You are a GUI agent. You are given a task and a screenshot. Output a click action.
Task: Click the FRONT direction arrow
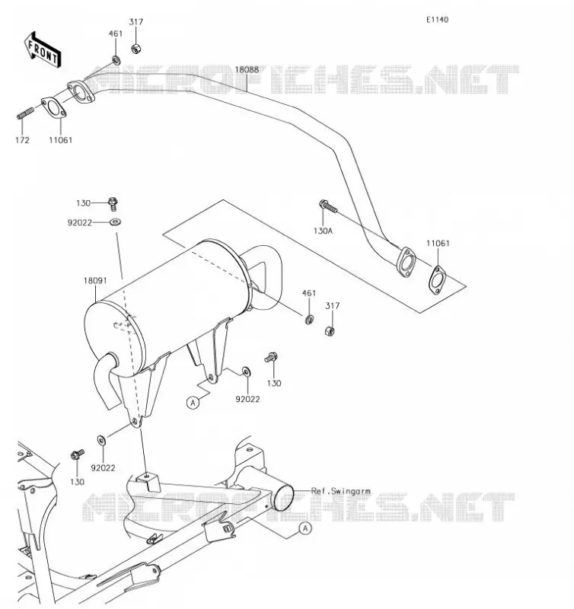click(x=43, y=49)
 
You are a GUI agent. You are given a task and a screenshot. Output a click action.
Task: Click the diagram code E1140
click(x=437, y=20)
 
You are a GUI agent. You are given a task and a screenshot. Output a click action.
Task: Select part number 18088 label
click(x=247, y=69)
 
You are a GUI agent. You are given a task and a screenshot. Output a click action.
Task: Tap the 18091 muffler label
click(x=94, y=280)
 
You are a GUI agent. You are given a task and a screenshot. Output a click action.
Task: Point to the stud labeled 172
click(x=25, y=113)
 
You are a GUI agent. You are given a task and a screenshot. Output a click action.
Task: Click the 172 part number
click(x=22, y=140)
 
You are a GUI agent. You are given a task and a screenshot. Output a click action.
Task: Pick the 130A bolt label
click(x=323, y=231)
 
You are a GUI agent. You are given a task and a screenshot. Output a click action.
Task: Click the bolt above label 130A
click(x=328, y=206)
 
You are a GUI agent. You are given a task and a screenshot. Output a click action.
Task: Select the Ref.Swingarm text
click(x=340, y=491)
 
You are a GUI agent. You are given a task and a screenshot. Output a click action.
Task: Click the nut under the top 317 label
click(x=136, y=49)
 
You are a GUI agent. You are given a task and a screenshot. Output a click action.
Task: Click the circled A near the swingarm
click(x=305, y=528)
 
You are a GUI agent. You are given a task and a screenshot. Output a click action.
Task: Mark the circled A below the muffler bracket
click(x=193, y=403)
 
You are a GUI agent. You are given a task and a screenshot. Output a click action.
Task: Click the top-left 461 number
click(x=116, y=33)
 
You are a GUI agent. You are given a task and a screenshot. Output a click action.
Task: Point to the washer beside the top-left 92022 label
click(x=116, y=222)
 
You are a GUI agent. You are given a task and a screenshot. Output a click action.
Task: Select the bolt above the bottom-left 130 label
click(x=78, y=454)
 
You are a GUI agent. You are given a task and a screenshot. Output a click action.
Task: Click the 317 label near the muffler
click(x=333, y=306)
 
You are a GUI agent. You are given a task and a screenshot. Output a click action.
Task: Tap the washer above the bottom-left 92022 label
click(x=102, y=440)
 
